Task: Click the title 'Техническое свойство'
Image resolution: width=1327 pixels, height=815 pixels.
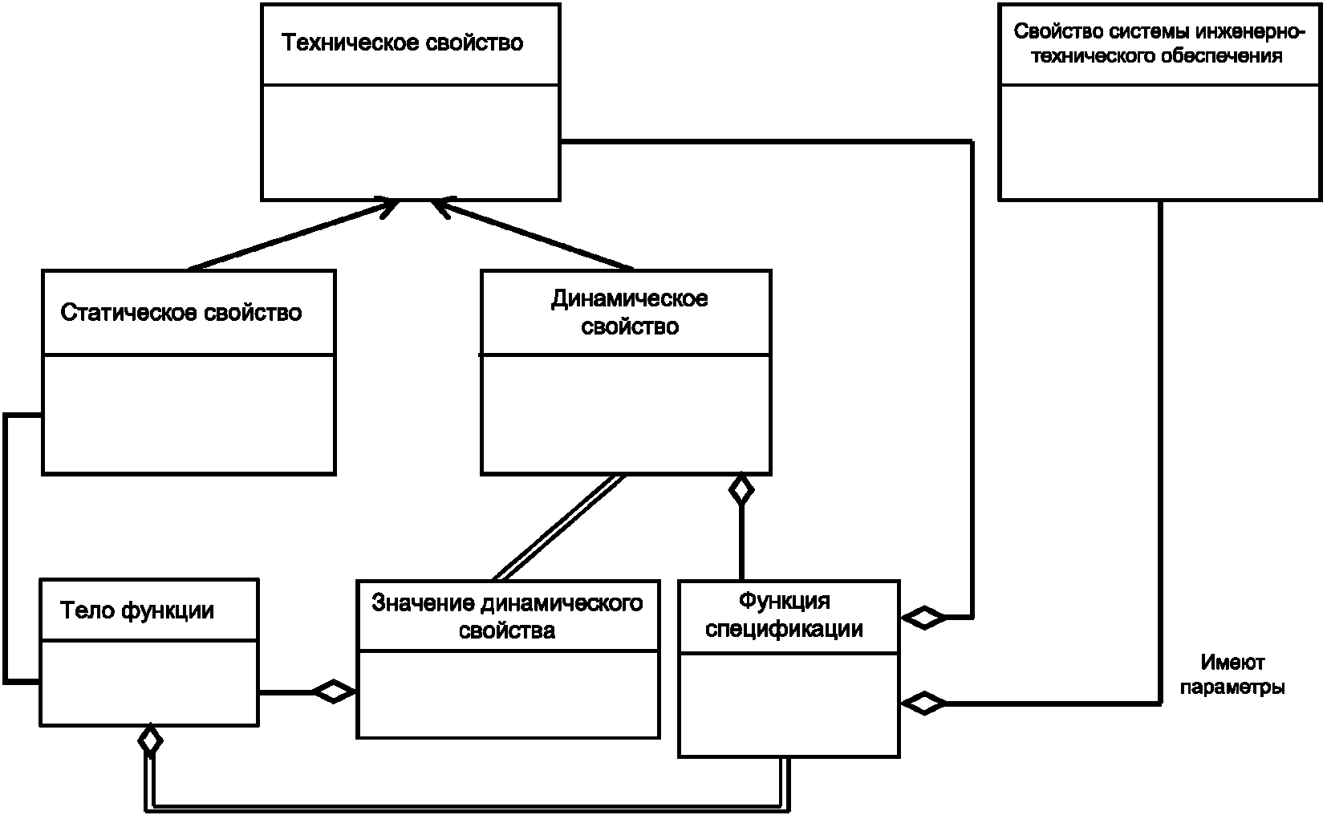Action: [402, 43]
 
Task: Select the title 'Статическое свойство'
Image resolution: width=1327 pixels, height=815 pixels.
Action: [181, 313]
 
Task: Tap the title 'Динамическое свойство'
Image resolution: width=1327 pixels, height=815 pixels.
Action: [629, 312]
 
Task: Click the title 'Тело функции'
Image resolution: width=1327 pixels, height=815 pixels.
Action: [137, 610]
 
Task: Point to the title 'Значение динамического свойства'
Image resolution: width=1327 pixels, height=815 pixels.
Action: [507, 616]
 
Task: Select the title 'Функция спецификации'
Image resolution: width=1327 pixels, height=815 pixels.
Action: [785, 614]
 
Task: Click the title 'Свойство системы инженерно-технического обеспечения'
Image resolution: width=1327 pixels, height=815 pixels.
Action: [1159, 43]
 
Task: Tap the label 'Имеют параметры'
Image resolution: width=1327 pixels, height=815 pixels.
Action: [1232, 675]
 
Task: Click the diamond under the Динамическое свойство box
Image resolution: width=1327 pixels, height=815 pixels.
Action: [741, 489]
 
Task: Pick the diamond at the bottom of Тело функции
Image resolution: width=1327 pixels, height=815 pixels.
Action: [151, 740]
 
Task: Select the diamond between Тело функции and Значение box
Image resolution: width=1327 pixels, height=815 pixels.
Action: [334, 691]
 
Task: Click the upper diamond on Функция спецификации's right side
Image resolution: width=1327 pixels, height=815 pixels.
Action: [923, 618]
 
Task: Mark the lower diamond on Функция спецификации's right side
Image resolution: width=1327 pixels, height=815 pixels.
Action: [923, 703]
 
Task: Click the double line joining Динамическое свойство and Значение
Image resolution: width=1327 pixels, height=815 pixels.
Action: [558, 527]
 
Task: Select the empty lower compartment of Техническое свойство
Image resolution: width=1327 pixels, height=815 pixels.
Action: [411, 142]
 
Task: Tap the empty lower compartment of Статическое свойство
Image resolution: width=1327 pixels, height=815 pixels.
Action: [189, 414]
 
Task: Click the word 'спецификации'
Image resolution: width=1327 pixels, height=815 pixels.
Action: [785, 628]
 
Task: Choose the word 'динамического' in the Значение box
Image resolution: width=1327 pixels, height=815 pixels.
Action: [562, 603]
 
